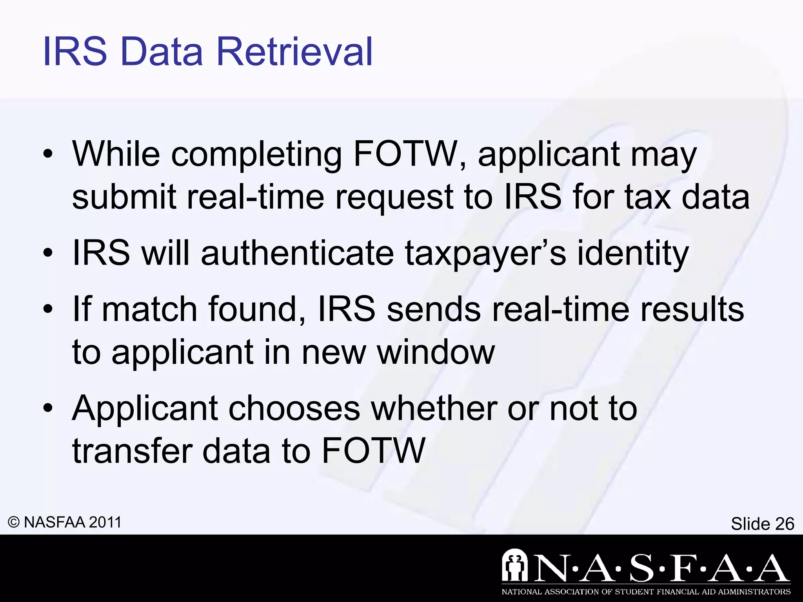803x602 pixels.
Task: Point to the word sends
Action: [434, 309]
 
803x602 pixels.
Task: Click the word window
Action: [436, 352]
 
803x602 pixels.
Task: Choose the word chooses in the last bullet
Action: [294, 408]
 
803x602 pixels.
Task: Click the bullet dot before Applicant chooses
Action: [48, 409]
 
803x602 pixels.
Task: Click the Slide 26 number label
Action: [762, 524]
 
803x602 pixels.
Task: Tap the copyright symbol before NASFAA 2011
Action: [14, 522]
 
